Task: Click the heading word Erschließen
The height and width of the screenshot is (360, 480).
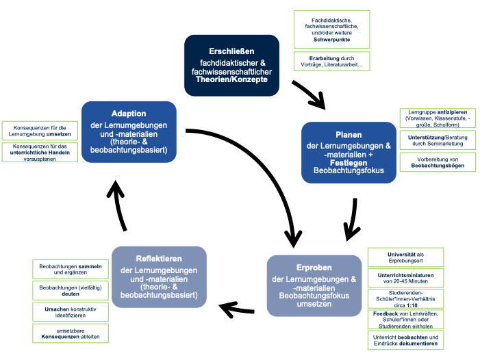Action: point(231,51)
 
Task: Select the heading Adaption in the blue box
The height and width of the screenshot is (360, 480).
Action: point(128,113)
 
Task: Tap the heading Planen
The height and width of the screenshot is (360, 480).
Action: point(349,135)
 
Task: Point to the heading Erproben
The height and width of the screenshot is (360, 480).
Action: point(314,268)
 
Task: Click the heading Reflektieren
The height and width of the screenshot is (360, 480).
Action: point(159,259)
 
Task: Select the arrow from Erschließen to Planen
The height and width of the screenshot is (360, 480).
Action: point(308,94)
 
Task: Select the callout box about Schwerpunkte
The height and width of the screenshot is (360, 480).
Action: point(331,29)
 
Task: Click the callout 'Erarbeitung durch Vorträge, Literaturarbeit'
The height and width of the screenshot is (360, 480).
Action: point(331,60)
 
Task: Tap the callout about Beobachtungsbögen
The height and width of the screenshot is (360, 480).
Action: point(438,162)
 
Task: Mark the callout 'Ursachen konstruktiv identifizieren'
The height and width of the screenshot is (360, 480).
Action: point(71,312)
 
